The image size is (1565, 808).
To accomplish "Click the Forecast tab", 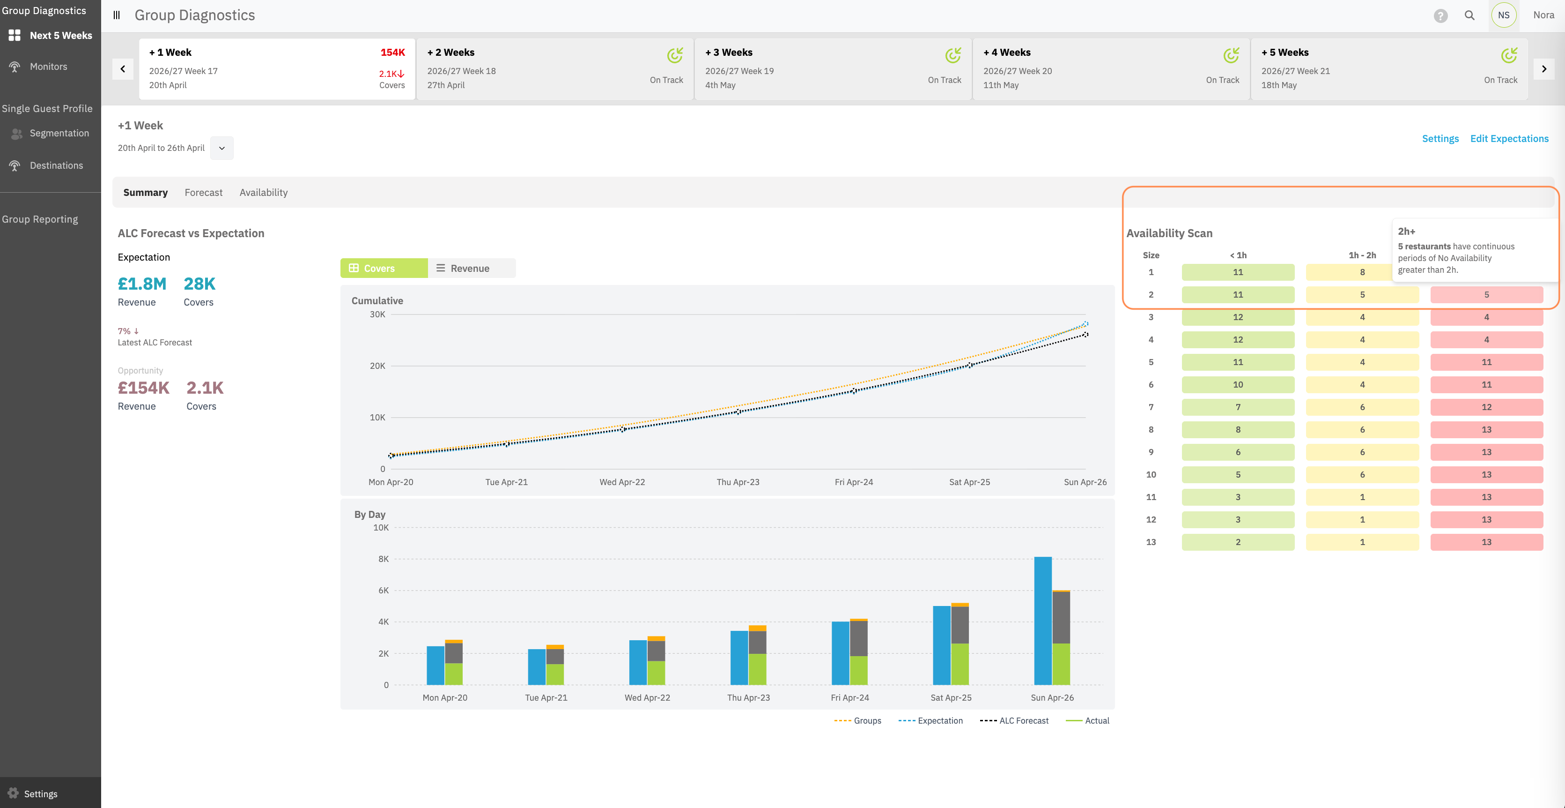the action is [204, 192].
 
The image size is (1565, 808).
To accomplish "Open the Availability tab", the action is [263, 192].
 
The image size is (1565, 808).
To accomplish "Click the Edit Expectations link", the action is [1509, 139].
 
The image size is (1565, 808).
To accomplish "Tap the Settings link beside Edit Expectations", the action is [1440, 139].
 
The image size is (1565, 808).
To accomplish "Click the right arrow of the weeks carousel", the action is [1544, 69].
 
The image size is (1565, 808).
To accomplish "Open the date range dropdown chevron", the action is [222, 148].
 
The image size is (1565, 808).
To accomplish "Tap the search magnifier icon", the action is [1469, 15].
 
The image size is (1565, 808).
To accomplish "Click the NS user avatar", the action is [1504, 15].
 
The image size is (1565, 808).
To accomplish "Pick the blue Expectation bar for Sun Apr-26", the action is [1042, 621].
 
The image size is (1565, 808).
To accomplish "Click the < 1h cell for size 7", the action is [1238, 407].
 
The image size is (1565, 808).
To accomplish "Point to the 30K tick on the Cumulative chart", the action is [377, 314].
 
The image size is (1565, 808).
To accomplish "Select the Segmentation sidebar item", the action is [59, 133].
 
